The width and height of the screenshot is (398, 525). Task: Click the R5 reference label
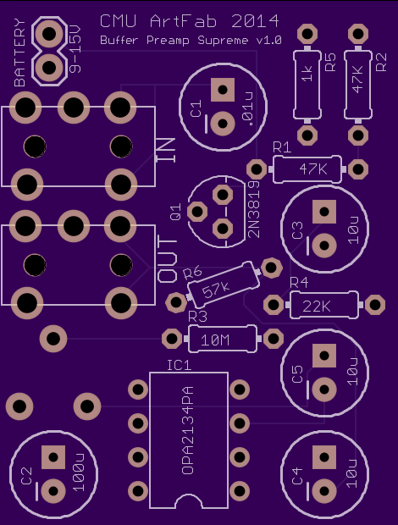(330, 62)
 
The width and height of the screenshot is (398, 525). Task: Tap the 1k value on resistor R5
(307, 74)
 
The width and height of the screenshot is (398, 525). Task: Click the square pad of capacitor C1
(223, 90)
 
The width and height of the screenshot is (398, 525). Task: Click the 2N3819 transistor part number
(254, 209)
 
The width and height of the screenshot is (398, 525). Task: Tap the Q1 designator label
(176, 212)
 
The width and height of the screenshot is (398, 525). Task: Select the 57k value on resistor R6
(216, 290)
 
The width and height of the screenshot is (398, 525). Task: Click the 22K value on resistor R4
(317, 306)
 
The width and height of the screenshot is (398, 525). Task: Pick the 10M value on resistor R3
(215, 340)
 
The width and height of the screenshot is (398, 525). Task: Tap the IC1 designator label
(179, 365)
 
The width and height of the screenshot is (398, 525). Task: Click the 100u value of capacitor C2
(79, 472)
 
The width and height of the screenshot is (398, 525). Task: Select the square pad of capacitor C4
(324, 457)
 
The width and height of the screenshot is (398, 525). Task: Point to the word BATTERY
(19, 52)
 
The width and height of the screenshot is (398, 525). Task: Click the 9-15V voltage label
(75, 50)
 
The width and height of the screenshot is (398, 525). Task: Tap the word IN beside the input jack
(165, 150)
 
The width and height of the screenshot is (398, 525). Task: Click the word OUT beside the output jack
(167, 259)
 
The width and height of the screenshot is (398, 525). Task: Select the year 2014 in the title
(255, 21)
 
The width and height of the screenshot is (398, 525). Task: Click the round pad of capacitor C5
(324, 390)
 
